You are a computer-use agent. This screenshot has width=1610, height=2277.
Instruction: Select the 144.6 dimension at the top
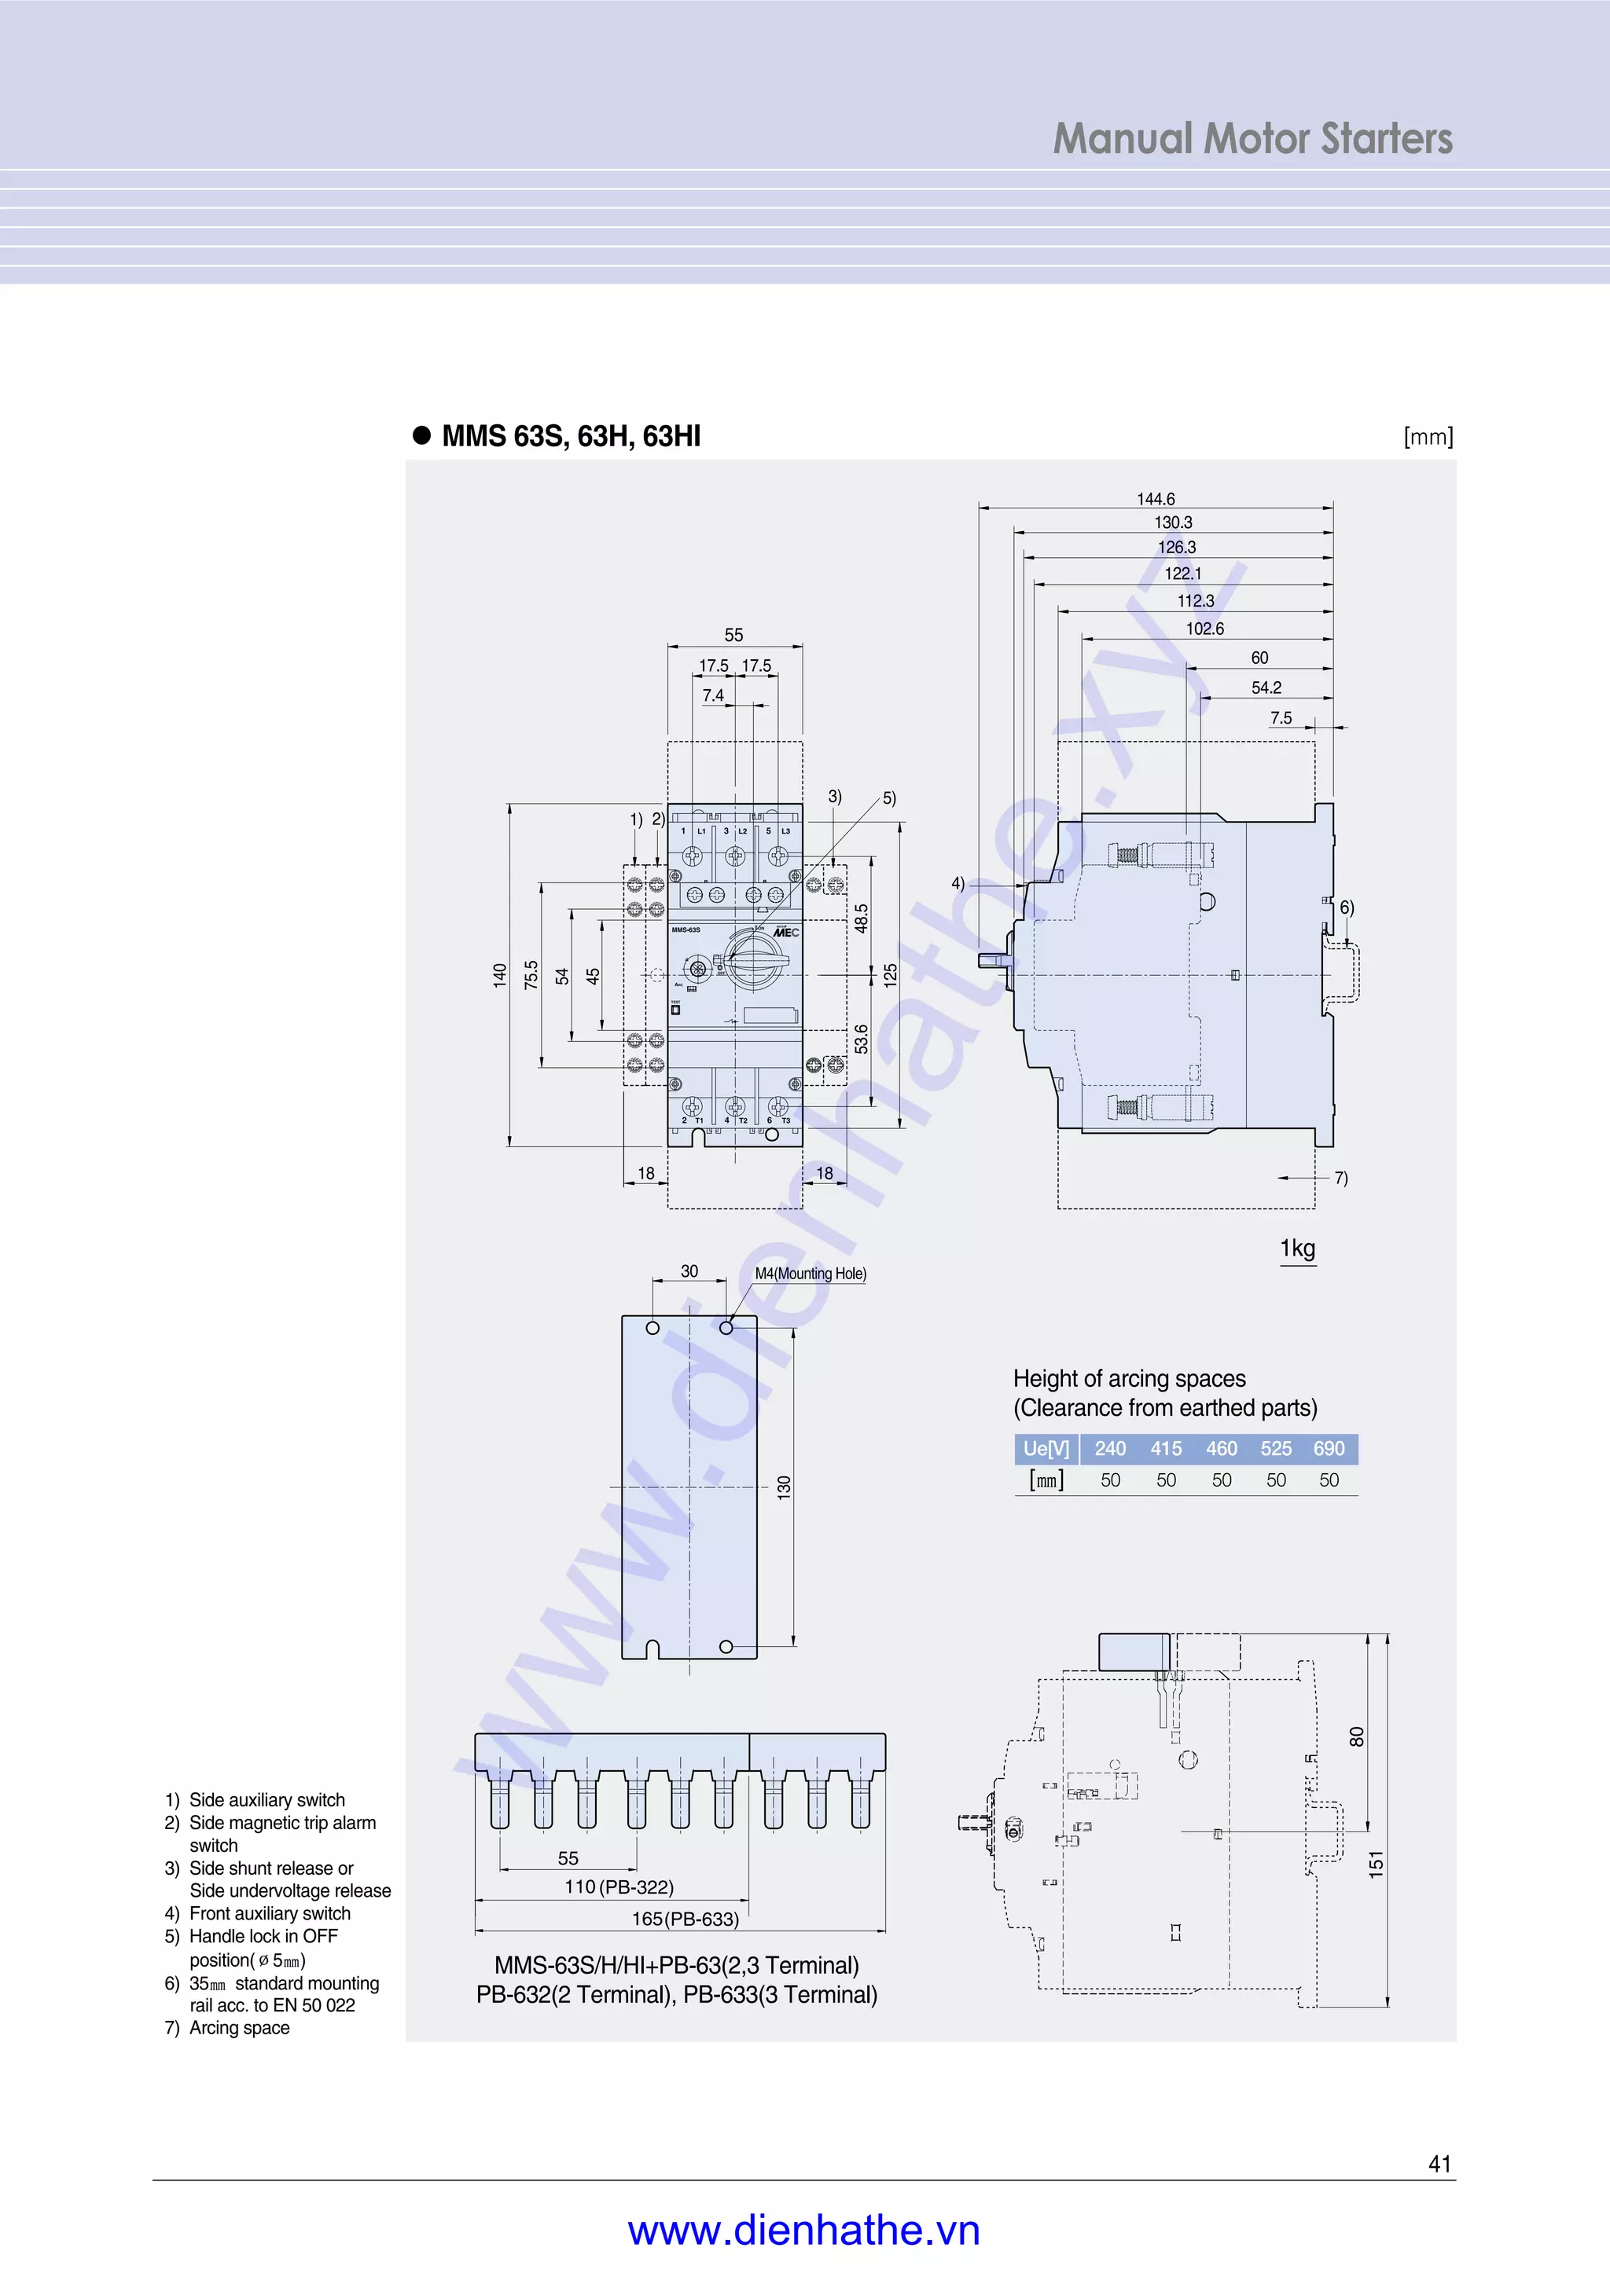tap(1156, 499)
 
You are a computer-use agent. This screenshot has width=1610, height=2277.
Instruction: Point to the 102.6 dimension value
tap(1204, 629)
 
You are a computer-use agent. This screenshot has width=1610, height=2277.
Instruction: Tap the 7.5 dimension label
tap(1281, 718)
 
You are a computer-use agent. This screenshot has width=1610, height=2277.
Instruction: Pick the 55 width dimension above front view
tap(733, 635)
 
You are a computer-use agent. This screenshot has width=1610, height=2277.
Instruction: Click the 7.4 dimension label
tap(712, 695)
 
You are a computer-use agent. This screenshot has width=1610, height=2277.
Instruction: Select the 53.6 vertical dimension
tap(861, 1039)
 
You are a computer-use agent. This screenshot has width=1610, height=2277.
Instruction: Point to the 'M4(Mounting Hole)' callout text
tap(811, 1274)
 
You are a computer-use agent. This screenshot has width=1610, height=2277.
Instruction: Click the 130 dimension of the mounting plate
tap(784, 1487)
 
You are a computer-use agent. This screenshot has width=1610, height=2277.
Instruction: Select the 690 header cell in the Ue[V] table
tap(1329, 1449)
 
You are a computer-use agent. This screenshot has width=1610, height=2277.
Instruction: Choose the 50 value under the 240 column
tap(1110, 1480)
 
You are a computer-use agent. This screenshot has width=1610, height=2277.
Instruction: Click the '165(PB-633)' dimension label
tap(686, 1919)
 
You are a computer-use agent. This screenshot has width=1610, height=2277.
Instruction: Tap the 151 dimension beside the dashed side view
tap(1376, 1864)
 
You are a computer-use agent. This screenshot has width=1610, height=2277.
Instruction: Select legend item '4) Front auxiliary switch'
tap(258, 1913)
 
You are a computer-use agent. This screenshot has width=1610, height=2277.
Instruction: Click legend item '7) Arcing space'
tap(228, 2028)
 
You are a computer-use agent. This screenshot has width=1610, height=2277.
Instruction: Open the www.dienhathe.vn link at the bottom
tap(803, 2231)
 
